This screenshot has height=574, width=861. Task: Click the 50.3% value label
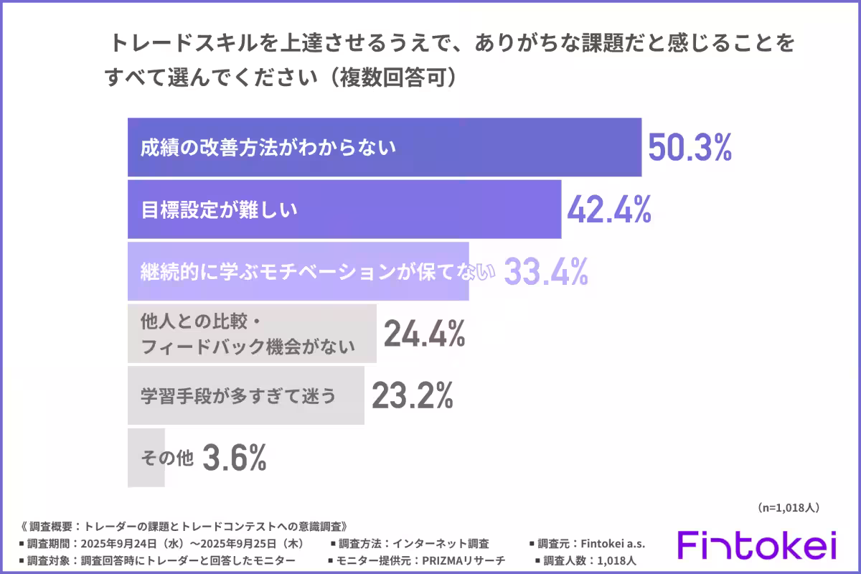[690, 147]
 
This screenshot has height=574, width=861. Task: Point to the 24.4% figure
[425, 334]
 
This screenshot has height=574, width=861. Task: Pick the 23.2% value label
[413, 395]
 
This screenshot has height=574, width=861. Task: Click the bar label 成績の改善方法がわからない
[268, 148]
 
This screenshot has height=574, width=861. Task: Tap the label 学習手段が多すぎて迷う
[238, 395]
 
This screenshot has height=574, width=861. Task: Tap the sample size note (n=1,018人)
[788, 507]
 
